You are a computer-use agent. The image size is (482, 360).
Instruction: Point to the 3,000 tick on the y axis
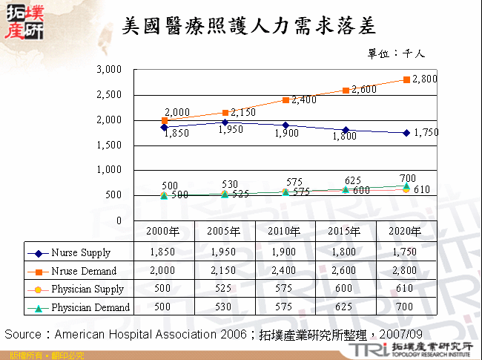click(x=109, y=70)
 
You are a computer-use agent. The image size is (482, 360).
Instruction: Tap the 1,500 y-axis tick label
click(x=109, y=145)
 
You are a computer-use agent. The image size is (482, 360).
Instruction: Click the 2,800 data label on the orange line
click(x=425, y=79)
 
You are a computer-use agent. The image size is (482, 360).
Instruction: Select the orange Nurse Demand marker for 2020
click(x=406, y=79)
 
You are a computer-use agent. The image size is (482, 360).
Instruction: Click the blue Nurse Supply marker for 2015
click(x=346, y=130)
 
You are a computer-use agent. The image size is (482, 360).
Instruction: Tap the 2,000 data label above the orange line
click(x=176, y=112)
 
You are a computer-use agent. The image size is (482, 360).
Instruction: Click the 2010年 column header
click(x=285, y=231)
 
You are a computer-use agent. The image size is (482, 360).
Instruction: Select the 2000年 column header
click(x=164, y=231)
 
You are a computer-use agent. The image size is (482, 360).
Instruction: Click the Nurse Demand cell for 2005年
click(x=224, y=271)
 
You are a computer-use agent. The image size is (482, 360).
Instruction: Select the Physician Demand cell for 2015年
click(x=346, y=307)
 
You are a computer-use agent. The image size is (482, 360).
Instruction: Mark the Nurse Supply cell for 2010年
click(x=285, y=253)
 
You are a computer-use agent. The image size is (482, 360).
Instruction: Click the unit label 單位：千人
click(x=396, y=53)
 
